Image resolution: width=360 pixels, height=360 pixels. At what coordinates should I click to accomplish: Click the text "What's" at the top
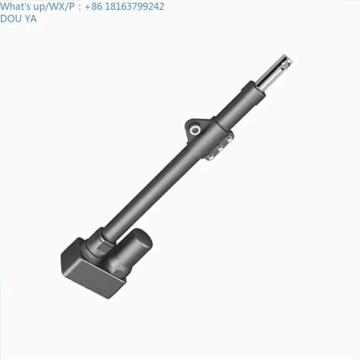(x=14, y=6)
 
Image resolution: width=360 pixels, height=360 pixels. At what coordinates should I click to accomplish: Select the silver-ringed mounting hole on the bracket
(x=195, y=130)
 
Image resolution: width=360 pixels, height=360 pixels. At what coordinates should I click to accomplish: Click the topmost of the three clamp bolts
(x=230, y=139)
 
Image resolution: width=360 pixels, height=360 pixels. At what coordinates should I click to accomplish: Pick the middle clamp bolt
(x=220, y=148)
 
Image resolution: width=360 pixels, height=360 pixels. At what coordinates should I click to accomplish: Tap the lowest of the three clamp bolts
(x=210, y=157)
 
